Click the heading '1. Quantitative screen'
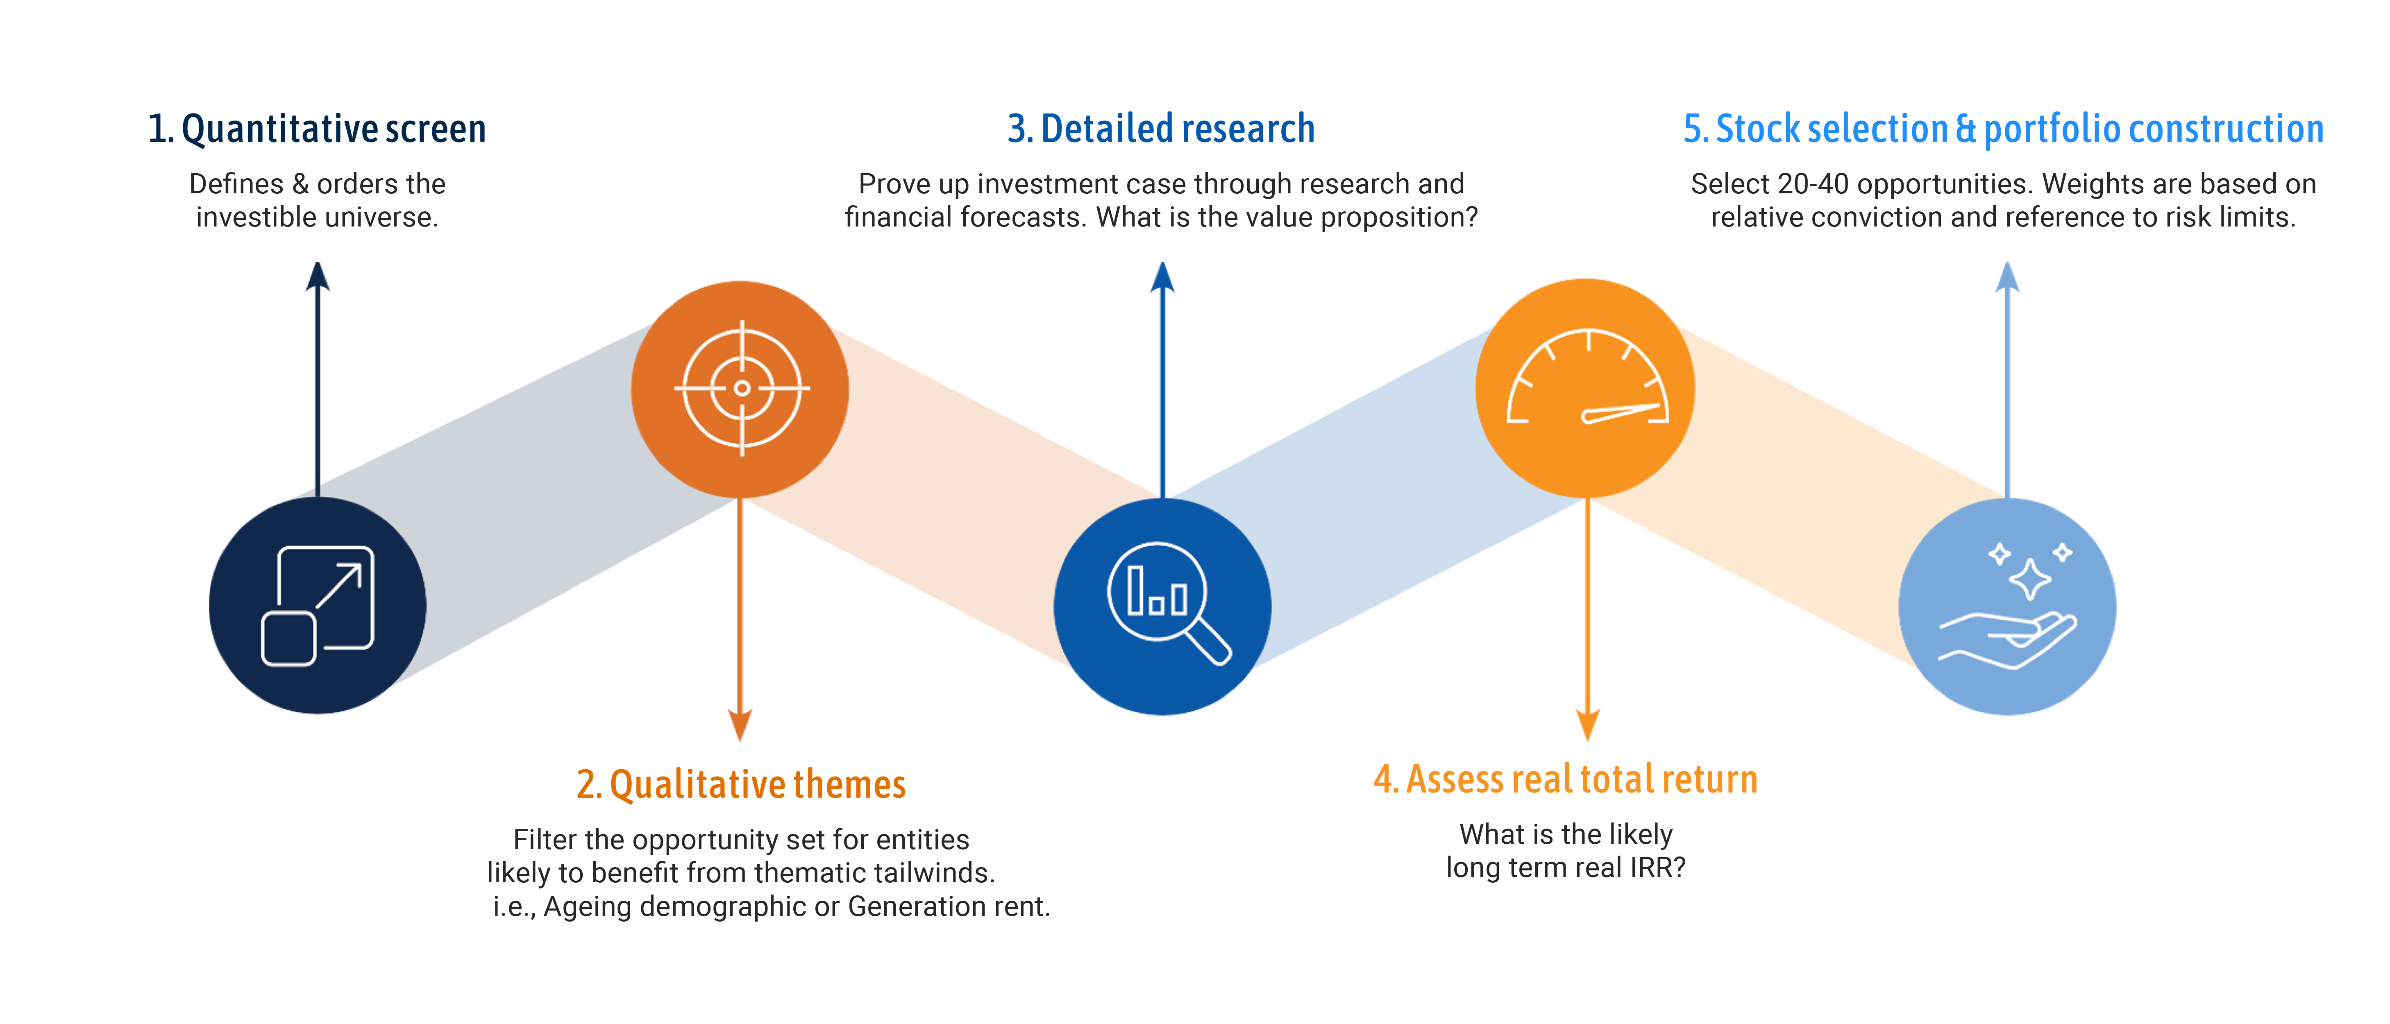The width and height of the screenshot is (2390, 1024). pyautogui.click(x=316, y=129)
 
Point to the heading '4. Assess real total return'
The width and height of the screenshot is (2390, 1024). pyautogui.click(x=1565, y=779)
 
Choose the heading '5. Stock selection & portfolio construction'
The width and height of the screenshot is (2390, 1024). pyautogui.click(x=2003, y=129)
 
